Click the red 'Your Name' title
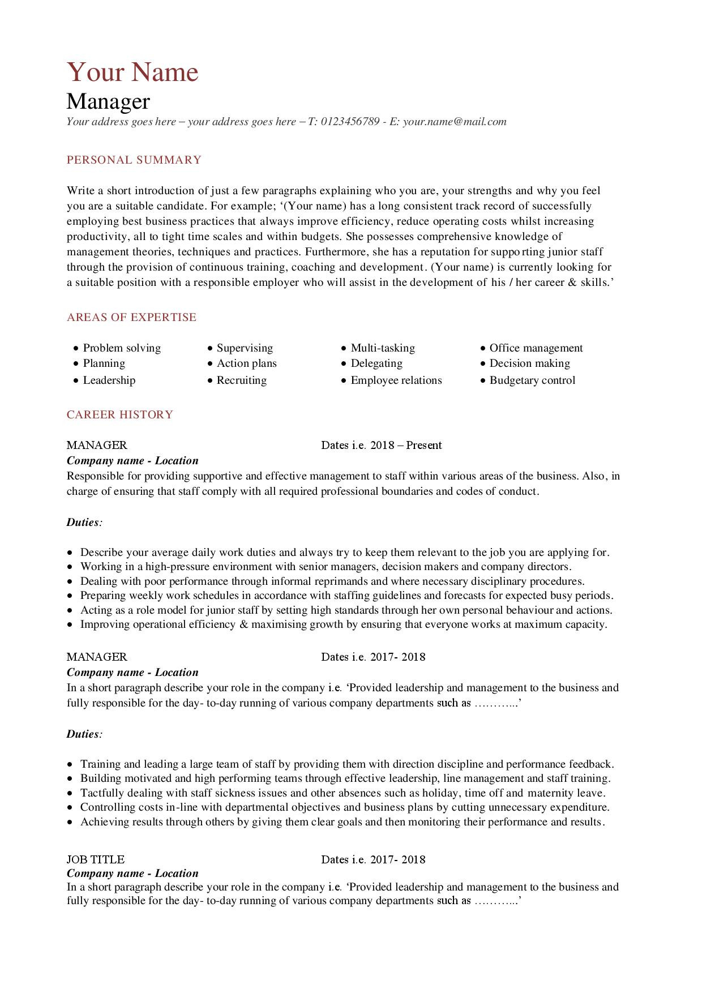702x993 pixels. (x=132, y=72)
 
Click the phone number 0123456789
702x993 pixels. (x=349, y=122)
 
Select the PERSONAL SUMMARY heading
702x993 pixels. (x=134, y=160)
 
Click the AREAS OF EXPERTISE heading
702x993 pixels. (x=131, y=318)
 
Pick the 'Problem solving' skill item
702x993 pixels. (x=122, y=348)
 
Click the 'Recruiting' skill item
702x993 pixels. (x=241, y=380)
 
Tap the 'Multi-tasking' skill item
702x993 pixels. (x=383, y=348)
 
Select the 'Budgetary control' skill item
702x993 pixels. (x=532, y=380)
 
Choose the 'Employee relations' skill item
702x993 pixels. (x=396, y=380)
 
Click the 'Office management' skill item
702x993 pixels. (x=536, y=348)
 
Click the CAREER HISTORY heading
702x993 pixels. (x=120, y=415)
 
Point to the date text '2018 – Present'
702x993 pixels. (x=406, y=446)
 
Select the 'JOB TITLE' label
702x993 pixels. (x=96, y=859)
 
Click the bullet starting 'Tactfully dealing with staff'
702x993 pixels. (x=343, y=793)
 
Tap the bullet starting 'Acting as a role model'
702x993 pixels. (x=346, y=610)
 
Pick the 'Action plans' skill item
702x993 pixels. (x=246, y=363)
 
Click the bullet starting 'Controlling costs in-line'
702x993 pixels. (x=344, y=807)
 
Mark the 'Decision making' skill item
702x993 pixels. (x=529, y=363)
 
